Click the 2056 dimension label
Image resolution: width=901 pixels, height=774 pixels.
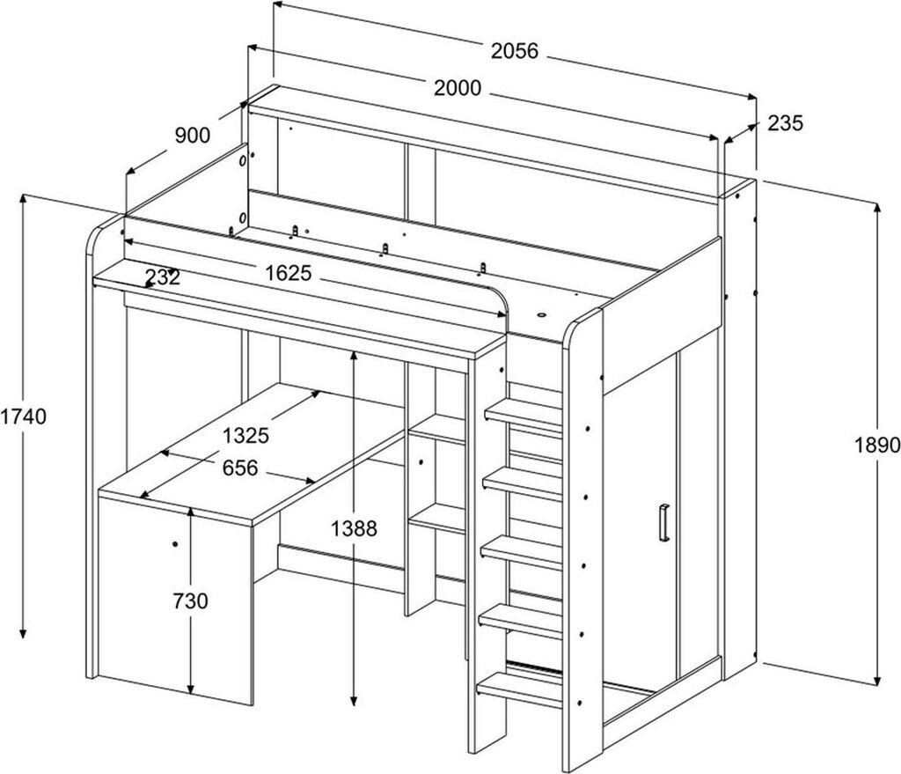click(514, 51)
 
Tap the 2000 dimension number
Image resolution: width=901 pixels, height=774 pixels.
click(458, 88)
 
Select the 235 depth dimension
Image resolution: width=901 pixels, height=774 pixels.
click(785, 122)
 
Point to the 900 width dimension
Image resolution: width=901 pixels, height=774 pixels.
click(193, 136)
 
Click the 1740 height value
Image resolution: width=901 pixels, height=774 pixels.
click(23, 416)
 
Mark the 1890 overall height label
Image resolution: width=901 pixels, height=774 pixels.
click(877, 445)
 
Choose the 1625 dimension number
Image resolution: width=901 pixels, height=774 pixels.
click(288, 273)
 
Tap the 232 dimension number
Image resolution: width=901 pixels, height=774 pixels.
click(163, 277)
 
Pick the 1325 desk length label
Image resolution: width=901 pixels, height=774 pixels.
click(246, 435)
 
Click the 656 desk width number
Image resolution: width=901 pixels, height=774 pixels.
click(240, 468)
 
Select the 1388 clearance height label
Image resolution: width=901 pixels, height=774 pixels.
click(354, 527)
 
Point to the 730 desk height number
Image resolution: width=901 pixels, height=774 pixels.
click(190, 601)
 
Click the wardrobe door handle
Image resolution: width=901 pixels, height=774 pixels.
click(664, 522)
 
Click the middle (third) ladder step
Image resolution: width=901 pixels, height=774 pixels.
click(521, 553)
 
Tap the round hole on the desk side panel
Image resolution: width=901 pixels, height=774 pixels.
click(175, 543)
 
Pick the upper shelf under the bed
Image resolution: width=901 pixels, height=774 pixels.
click(436, 430)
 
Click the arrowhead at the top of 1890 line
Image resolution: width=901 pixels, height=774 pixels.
click(877, 208)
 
